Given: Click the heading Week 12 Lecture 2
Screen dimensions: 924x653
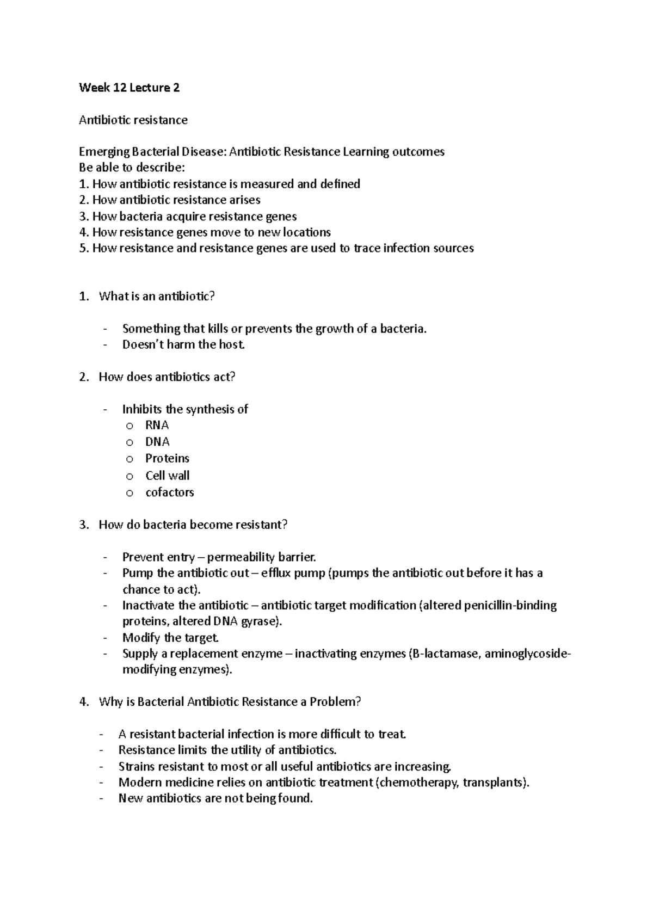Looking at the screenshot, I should click(129, 88).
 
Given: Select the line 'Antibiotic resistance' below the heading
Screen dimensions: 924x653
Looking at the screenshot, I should click(133, 120).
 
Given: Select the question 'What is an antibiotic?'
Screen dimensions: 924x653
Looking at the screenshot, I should click(157, 297).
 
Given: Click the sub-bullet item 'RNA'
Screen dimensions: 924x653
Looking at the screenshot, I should click(157, 425).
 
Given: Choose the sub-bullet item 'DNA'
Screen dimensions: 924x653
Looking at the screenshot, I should click(157, 441).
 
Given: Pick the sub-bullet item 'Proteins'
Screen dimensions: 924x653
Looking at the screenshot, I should click(167, 458).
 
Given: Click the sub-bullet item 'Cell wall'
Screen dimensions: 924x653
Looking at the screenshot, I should click(167, 476).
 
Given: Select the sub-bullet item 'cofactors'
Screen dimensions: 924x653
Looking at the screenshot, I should click(169, 492).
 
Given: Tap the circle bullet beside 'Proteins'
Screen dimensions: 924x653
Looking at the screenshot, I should click(129, 459).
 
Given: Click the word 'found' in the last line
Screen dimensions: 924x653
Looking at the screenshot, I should click(294, 799).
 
